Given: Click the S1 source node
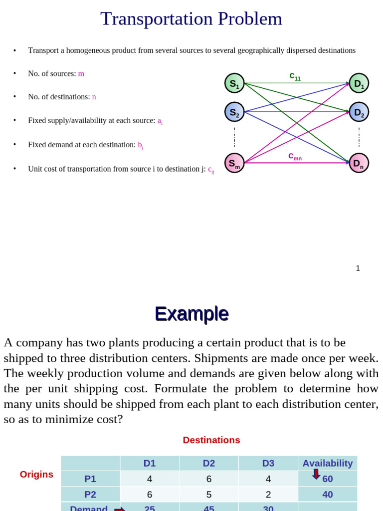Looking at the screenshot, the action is click(x=234, y=83).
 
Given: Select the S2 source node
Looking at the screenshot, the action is click(x=234, y=112).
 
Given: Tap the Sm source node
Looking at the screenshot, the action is click(x=234, y=163).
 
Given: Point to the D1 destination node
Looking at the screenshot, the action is click(x=359, y=83).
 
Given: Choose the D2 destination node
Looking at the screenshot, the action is click(x=359, y=112).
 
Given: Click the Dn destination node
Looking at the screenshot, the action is click(x=359, y=163).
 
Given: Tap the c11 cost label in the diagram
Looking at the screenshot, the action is click(x=295, y=76).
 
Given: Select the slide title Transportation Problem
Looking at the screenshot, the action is click(x=191, y=19).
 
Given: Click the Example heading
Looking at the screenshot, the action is click(x=191, y=314).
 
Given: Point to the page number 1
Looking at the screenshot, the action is click(x=358, y=268).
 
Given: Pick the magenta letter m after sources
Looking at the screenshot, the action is click(x=81, y=74).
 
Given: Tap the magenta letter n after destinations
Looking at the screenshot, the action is click(x=94, y=97).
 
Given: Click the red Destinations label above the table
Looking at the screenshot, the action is click(x=211, y=440).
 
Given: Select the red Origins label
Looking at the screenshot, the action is click(x=36, y=475).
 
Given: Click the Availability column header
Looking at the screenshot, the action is click(x=328, y=463).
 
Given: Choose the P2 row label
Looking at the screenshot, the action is click(x=90, y=495).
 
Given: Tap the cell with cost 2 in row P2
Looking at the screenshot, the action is click(x=268, y=495).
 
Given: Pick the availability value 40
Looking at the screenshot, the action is click(x=328, y=495).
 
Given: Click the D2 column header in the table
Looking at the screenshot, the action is click(x=209, y=463).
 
